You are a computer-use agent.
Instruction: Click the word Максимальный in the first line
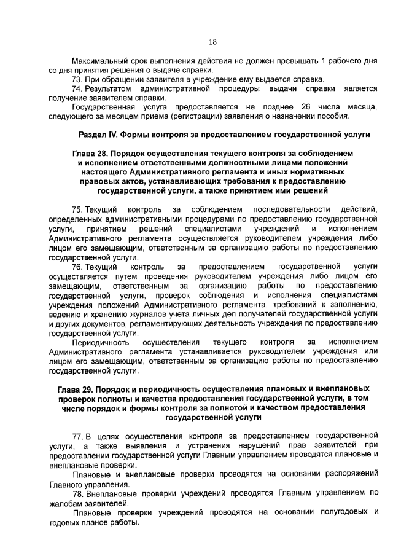point(99,63)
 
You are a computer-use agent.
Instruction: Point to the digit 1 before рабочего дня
point(323,63)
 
